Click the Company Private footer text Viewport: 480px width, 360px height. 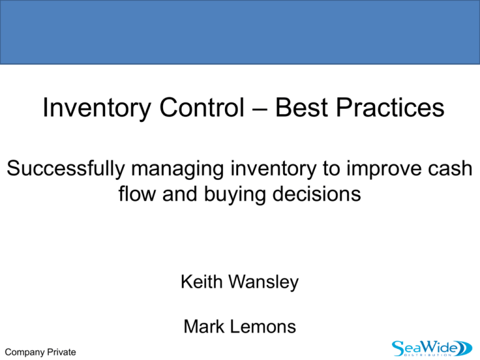(39, 352)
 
